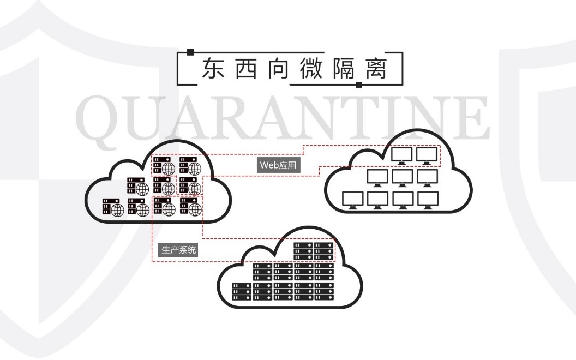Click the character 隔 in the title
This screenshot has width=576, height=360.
[x=343, y=69]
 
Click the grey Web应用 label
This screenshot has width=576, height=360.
[x=279, y=165]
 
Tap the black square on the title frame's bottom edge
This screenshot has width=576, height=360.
[x=358, y=85]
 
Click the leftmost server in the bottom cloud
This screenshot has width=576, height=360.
[x=242, y=292]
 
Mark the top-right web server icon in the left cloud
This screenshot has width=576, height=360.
[x=190, y=164]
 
